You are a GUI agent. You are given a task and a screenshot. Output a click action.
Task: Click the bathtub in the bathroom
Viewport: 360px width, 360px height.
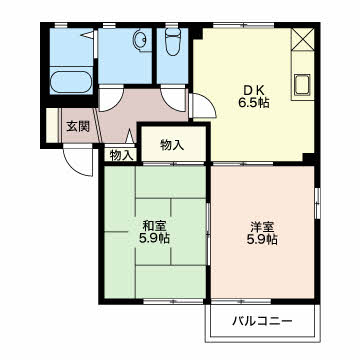(71, 81)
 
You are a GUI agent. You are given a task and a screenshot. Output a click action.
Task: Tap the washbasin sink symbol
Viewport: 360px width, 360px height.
(140, 40)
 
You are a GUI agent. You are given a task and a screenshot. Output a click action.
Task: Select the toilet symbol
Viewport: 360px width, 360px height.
(172, 41)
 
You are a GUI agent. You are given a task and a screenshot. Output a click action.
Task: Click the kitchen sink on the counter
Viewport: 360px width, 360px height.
(302, 84)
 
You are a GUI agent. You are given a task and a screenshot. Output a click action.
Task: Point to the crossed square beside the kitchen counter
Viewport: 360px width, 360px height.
(303, 39)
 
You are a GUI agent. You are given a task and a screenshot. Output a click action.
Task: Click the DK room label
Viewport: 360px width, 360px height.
(254, 90)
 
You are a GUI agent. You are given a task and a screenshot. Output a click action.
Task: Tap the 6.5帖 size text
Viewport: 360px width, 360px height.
(254, 103)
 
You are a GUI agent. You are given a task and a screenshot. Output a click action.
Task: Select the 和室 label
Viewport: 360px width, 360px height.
(154, 226)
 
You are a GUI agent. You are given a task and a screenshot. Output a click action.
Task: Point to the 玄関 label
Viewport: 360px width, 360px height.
(78, 126)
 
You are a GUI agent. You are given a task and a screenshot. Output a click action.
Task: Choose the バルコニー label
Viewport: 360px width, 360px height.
(262, 321)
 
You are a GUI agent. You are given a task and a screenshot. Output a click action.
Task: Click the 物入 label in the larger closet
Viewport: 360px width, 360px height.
(172, 145)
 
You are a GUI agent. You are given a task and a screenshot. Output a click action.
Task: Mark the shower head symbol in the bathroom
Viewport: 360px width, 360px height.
(89, 35)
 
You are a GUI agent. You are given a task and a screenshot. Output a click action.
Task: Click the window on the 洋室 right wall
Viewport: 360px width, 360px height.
(317, 200)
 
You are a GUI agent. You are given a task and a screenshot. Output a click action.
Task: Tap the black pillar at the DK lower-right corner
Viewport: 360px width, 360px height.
(309, 159)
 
